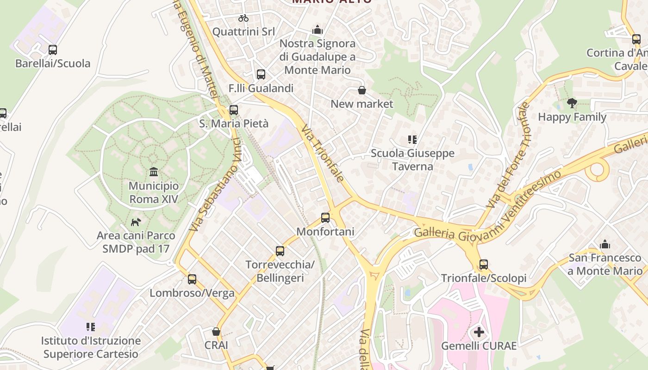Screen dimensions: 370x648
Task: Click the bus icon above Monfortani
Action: coord(325,217)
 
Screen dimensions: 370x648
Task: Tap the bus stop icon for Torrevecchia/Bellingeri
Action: coord(280,251)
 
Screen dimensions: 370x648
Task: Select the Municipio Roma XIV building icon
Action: coord(154,173)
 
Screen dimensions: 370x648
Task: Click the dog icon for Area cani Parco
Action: coord(136,222)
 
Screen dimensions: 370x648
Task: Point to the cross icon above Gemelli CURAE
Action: coord(479,332)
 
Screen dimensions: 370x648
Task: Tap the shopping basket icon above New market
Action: coord(362,90)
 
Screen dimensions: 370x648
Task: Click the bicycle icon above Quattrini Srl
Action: coord(243,18)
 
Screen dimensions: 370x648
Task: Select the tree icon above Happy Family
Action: coord(572,103)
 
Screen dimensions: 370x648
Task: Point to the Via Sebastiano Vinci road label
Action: coord(215,185)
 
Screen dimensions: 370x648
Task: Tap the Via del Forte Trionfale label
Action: coord(508,155)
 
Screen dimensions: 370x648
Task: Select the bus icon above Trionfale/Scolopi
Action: coord(484,265)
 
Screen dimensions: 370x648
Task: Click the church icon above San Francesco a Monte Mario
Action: coord(605,244)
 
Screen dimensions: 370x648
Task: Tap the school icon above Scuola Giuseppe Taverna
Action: coord(412,139)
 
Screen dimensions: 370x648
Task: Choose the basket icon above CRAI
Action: coord(216,332)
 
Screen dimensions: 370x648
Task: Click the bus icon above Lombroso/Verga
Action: coord(192,279)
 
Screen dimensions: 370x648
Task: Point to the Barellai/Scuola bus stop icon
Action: coord(53,50)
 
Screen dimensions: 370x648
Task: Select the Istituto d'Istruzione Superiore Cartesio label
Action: coord(91,347)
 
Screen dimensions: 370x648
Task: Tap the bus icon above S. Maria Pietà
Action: coord(234,110)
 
